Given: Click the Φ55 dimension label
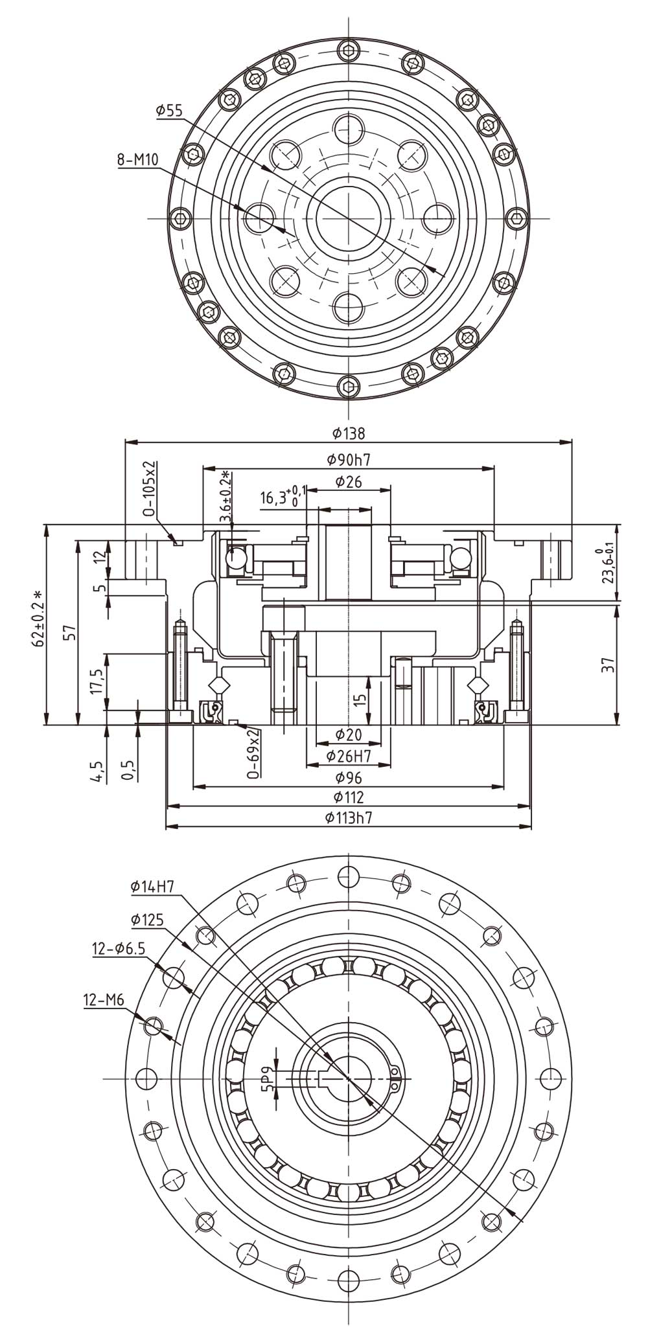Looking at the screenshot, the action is (169, 111).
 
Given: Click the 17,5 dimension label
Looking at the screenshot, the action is (97, 682).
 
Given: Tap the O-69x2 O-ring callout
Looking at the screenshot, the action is (254, 751).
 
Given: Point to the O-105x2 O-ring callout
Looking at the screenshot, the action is (150, 488).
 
